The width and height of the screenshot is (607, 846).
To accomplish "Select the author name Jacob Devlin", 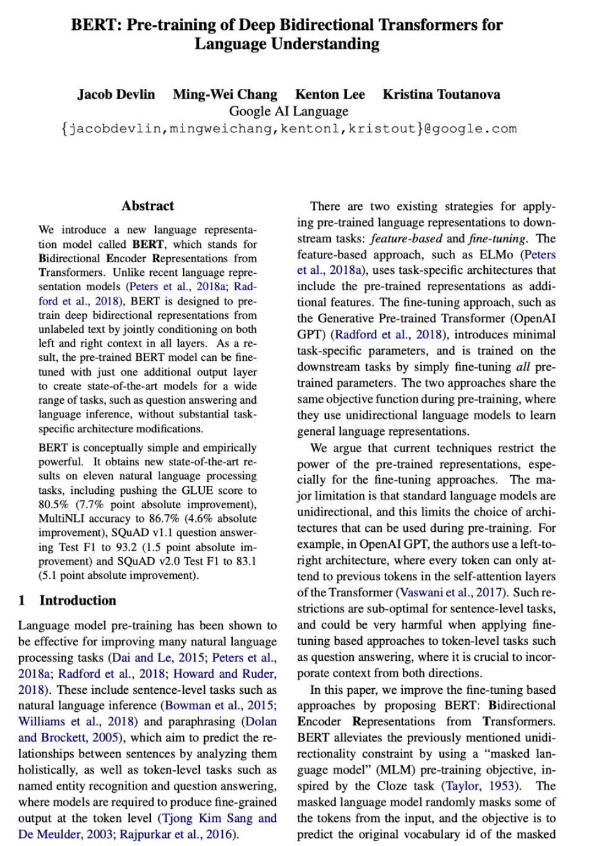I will coord(116,94).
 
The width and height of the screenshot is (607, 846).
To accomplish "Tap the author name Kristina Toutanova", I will coord(441,94).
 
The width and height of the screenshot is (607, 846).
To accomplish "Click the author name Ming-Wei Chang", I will coord(225,94).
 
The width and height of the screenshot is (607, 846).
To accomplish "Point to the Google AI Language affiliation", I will coord(289,111).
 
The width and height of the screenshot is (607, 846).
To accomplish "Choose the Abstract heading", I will coord(148,206).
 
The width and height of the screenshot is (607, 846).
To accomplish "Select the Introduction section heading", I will coord(78,601).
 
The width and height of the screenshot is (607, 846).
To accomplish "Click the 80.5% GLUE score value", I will coord(53,504).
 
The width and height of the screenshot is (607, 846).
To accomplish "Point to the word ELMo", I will coord(496,255).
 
